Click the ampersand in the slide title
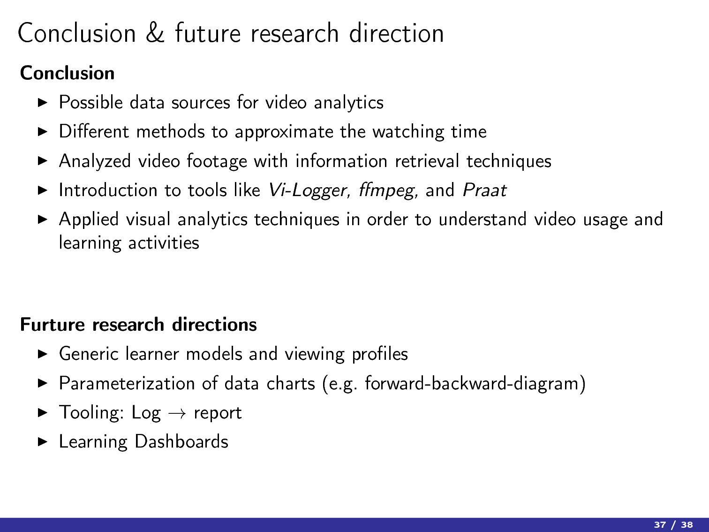click(155, 33)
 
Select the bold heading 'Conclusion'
click(67, 73)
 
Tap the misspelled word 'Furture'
click(53, 324)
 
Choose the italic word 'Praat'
click(484, 190)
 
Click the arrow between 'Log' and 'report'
click(177, 413)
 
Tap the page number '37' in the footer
click(660, 524)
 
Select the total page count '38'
click(686, 524)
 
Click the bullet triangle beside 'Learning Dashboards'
click(43, 442)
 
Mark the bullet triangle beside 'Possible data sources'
click(43, 103)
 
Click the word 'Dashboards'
click(181, 441)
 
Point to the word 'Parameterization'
click(127, 383)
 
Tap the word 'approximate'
click(284, 132)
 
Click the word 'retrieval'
click(427, 161)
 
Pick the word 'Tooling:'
click(92, 413)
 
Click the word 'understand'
click(483, 220)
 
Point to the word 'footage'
click(217, 161)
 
